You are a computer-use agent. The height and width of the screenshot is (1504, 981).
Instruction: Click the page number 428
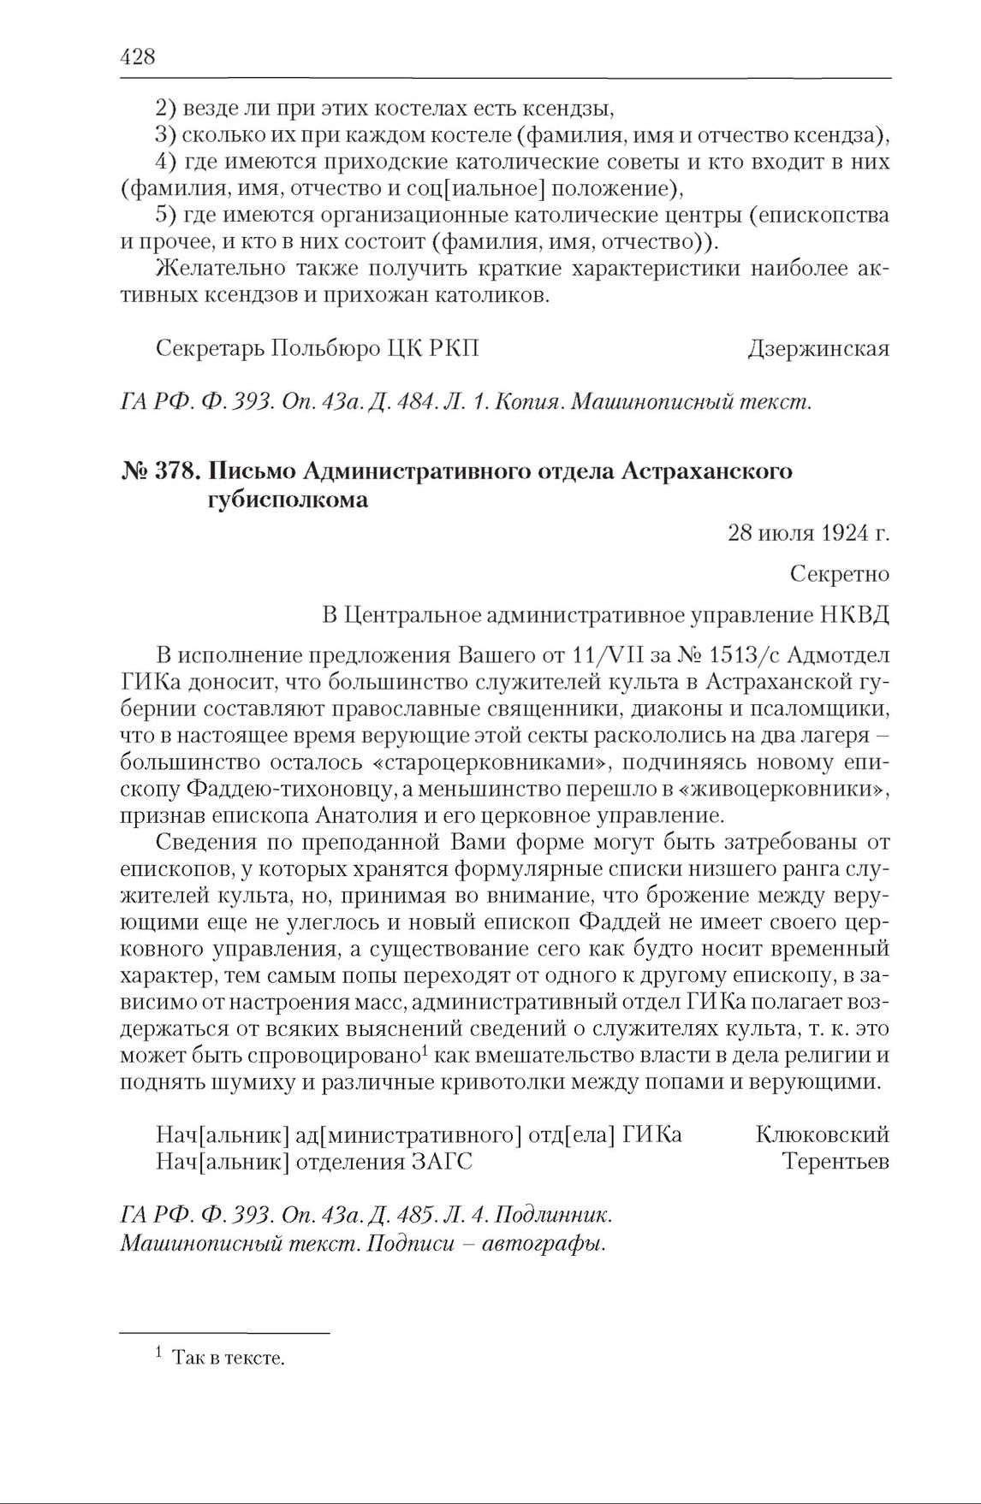[x=138, y=57]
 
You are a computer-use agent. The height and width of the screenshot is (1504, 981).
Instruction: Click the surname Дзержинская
[x=817, y=349]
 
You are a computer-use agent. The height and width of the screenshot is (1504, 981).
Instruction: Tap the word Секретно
[x=840, y=573]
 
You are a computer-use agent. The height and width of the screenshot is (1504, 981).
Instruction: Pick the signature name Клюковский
[x=823, y=1134]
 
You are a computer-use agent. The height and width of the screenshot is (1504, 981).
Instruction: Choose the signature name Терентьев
[x=835, y=1162]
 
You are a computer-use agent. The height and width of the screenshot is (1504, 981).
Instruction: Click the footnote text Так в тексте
[x=227, y=1358]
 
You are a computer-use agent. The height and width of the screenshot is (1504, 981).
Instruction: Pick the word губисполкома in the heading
[x=288, y=500]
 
